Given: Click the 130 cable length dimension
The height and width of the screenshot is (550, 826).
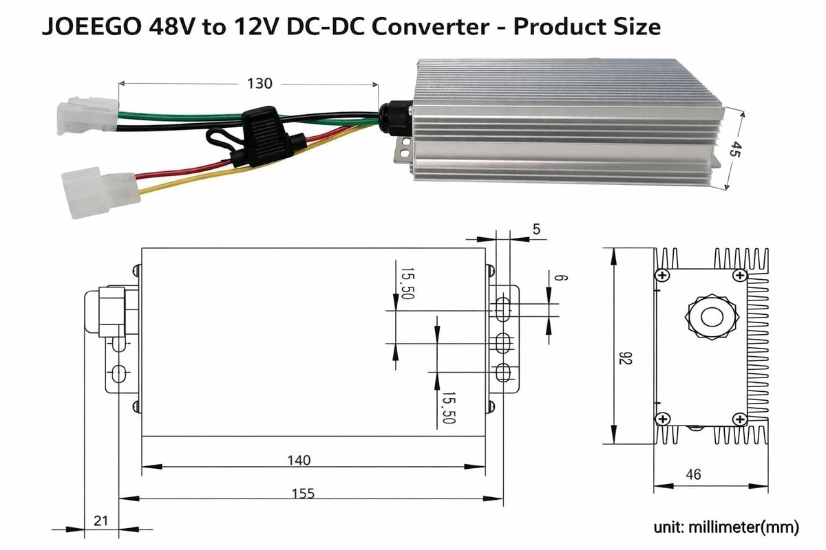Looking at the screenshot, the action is pyautogui.click(x=260, y=84).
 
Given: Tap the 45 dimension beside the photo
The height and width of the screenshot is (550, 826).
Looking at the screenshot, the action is pyautogui.click(x=734, y=148).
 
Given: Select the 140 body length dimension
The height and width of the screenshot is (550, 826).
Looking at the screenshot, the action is pyautogui.click(x=299, y=461).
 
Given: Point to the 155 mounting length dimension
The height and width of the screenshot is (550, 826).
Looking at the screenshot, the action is pyautogui.click(x=303, y=494).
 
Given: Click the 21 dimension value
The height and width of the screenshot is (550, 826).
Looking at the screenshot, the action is pyautogui.click(x=100, y=521).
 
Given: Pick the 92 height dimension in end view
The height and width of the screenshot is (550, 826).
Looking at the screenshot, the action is pyautogui.click(x=626, y=358).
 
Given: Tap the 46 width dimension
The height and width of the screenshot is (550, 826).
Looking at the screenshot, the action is pyautogui.click(x=693, y=474).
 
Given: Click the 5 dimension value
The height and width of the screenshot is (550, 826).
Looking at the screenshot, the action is pyautogui.click(x=536, y=229).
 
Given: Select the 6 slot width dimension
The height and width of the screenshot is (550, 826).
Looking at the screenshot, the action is pyautogui.click(x=561, y=277).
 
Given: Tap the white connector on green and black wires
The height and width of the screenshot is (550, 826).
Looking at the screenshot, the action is pyautogui.click(x=87, y=115).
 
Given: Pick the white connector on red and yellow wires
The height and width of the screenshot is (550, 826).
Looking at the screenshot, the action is pyautogui.click(x=100, y=192).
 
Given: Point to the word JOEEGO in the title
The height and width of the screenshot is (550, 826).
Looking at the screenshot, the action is pyautogui.click(x=92, y=27).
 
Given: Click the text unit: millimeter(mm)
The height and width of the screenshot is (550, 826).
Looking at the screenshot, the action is pyautogui.click(x=726, y=527).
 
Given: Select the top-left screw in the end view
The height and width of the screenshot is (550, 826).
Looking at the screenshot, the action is pyautogui.click(x=663, y=275).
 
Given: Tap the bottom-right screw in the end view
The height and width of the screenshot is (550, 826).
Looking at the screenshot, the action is pyautogui.click(x=739, y=419).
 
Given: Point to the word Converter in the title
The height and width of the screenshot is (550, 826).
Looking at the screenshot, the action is pyautogui.click(x=430, y=27).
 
